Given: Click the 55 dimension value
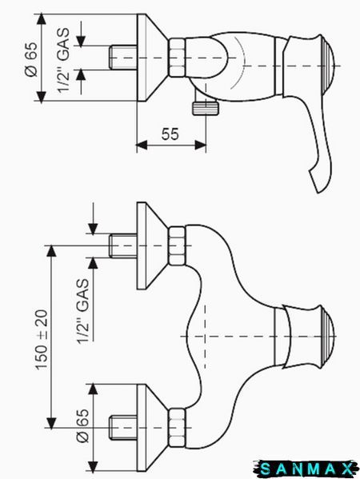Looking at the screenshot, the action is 170,134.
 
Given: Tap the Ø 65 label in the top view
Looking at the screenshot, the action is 31,59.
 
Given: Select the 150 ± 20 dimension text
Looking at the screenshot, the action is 42,339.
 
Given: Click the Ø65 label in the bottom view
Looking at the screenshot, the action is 83,425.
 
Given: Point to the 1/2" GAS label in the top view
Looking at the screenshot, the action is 63,60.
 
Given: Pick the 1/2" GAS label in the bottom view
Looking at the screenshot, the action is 83,311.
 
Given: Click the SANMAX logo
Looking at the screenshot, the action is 306,469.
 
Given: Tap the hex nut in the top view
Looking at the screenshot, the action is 178,58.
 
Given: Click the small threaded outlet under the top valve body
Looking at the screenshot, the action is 206,108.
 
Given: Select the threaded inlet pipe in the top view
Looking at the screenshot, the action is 123,58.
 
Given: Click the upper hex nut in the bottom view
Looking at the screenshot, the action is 178,245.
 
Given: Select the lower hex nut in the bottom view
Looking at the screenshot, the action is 178,427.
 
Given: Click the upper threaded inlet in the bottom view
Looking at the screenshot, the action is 123,245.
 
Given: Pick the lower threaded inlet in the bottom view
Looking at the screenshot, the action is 123,427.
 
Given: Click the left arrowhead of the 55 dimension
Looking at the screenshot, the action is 141,146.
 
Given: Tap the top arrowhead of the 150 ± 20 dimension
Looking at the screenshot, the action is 51,250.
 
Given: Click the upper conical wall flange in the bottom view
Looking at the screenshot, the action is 152,245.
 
